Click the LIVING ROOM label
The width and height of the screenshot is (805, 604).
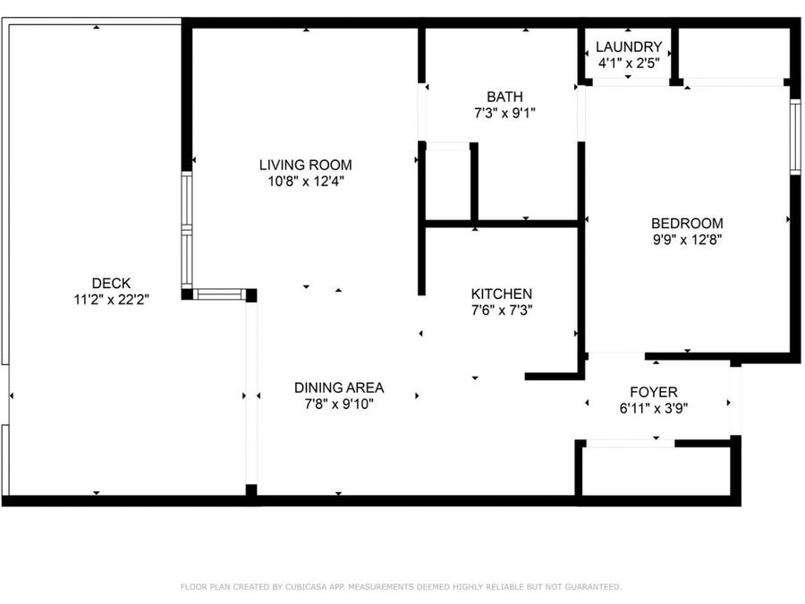click(305, 165)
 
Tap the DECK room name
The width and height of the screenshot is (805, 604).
click(111, 284)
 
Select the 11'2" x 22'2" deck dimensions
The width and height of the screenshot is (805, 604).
click(111, 301)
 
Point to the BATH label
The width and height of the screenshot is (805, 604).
click(504, 97)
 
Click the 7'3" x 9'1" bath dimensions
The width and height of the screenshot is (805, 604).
click(504, 114)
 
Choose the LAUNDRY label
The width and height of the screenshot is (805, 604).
click(628, 47)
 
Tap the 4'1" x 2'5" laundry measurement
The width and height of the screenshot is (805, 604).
click(628, 64)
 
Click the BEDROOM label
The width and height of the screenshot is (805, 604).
click(687, 223)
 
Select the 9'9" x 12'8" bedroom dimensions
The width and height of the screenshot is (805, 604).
click(687, 240)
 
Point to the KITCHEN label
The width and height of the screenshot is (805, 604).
click(502, 293)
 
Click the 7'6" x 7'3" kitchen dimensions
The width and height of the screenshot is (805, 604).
click(502, 311)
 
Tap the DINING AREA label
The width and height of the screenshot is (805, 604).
click(339, 387)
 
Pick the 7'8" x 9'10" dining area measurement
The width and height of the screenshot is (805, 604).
click(339, 404)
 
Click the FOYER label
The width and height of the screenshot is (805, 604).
click(653, 392)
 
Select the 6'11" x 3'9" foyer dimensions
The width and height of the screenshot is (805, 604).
click(653, 409)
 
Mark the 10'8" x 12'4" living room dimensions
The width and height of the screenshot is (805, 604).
click(305, 182)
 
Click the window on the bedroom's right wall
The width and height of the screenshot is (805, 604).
click(793, 135)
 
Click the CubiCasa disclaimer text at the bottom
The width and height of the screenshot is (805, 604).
click(401, 587)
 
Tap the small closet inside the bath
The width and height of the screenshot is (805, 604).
click(447, 183)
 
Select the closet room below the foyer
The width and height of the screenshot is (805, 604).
click(657, 471)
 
